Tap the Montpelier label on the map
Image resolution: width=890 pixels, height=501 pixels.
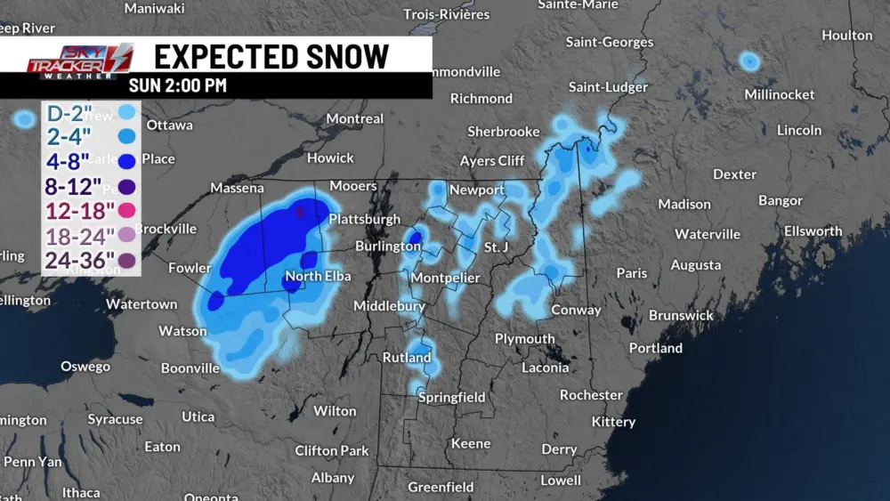[x=444, y=278]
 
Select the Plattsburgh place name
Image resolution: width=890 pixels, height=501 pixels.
[x=364, y=219]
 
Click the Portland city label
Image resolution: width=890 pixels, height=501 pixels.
[x=655, y=348]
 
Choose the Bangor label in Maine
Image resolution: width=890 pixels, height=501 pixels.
[x=780, y=201]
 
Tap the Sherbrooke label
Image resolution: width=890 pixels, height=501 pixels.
[x=503, y=132]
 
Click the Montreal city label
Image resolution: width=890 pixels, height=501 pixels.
[x=354, y=118]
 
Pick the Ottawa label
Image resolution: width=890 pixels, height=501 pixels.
[x=169, y=125]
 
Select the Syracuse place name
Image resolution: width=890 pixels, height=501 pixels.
[x=115, y=419]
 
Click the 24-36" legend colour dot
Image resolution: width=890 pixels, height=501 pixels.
[x=126, y=261]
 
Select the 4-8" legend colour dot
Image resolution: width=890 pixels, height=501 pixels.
[x=126, y=161]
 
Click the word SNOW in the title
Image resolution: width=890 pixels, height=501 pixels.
[x=339, y=57]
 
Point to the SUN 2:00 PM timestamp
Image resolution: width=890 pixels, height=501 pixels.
[x=177, y=86]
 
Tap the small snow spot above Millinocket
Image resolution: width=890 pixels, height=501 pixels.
[x=749, y=61]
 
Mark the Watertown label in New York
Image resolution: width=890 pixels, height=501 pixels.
[x=142, y=304]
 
